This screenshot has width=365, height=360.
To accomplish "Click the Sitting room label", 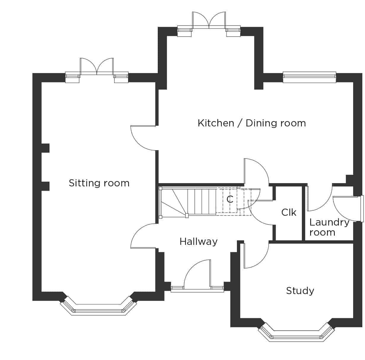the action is [x=99, y=183].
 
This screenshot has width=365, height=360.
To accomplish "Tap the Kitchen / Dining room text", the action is [x=252, y=123].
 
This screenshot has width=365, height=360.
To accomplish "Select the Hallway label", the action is [x=198, y=242].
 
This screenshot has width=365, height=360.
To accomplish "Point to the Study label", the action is [x=300, y=291].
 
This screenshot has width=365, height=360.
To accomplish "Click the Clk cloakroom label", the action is [x=289, y=212].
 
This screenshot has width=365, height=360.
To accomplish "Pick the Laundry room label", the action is [x=329, y=227].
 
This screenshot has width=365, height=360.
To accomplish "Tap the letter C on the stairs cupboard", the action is [x=230, y=199].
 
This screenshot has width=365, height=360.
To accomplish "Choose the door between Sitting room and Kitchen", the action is [x=144, y=138].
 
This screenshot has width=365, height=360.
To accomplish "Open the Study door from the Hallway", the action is [x=256, y=256].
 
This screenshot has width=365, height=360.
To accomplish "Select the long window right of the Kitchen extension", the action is [x=309, y=77].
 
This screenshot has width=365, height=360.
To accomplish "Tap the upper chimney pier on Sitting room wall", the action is [x=45, y=148].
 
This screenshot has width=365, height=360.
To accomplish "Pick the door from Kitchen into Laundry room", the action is [x=320, y=198].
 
